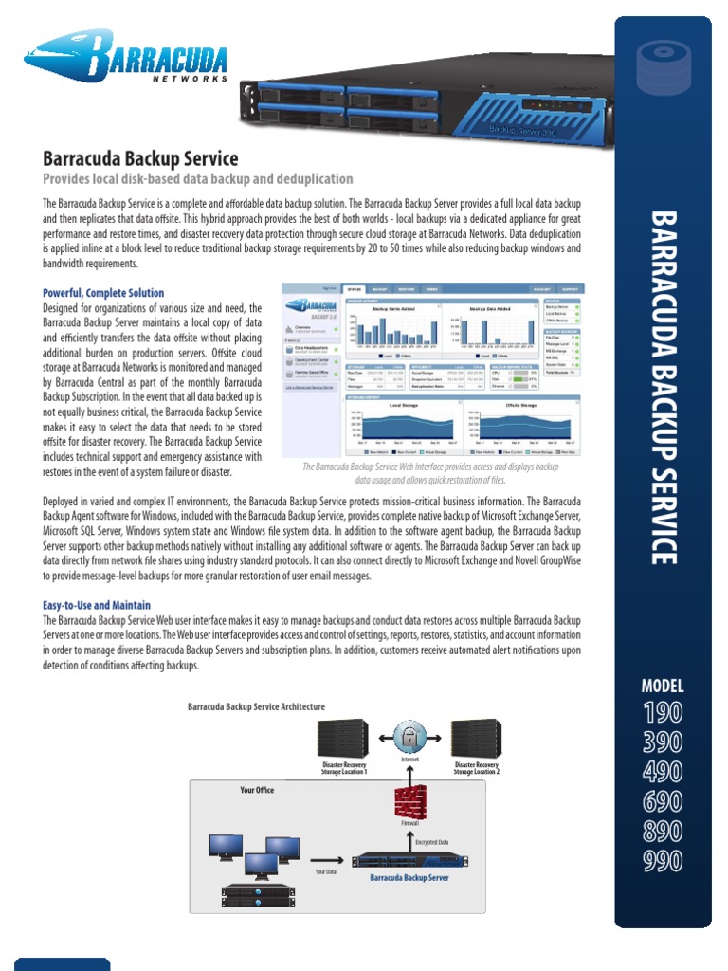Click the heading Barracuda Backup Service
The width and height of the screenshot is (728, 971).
(x=140, y=158)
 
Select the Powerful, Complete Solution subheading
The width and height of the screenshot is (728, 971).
(x=103, y=293)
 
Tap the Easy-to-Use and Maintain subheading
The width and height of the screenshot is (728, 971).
(x=97, y=605)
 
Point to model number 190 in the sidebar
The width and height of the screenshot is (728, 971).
(x=663, y=712)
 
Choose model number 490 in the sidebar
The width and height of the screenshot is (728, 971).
(x=663, y=772)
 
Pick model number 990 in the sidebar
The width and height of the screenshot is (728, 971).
(x=663, y=861)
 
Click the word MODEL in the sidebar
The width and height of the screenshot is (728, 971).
(x=663, y=687)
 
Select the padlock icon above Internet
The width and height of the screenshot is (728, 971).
(x=409, y=736)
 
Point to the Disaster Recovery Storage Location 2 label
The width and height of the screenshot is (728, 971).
(x=476, y=768)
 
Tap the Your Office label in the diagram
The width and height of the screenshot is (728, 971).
(x=257, y=790)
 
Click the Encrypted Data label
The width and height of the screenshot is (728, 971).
(x=431, y=841)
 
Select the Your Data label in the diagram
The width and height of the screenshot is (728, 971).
(x=325, y=870)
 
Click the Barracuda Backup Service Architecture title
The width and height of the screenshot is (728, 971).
(x=256, y=706)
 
